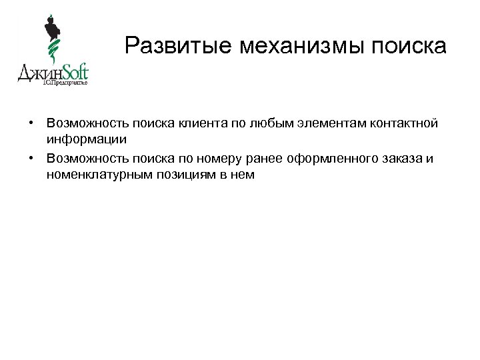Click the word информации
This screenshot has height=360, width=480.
(87, 139)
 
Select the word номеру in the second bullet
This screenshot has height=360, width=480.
(246, 159)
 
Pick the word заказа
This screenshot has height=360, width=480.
(409, 159)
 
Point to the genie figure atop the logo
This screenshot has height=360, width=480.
(51, 30)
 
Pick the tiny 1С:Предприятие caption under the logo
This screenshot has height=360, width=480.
(65, 83)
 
